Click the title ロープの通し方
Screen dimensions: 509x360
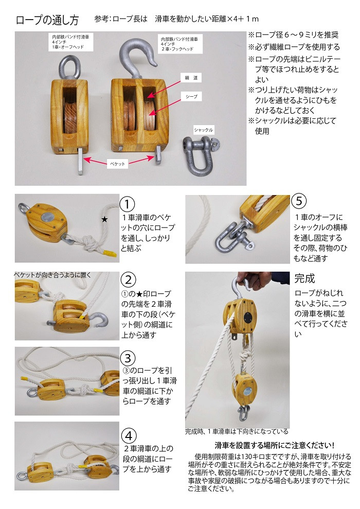pos(48,21)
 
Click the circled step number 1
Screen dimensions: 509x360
pos(128,203)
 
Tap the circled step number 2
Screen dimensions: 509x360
pos(128,280)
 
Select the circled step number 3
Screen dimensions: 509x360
pos(128,357)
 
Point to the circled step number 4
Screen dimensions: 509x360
pos(128,432)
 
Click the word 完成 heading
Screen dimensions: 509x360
pos(304,278)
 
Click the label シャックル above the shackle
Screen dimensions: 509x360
pos(204,130)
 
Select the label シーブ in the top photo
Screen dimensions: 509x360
pos(191,96)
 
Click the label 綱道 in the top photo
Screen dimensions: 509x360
pos(192,77)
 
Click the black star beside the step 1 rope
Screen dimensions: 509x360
pos(104,219)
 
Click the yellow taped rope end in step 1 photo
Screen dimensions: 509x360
pos(106,253)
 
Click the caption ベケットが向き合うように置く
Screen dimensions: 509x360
pos(53,275)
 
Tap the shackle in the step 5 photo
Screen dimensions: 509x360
pos(226,231)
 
